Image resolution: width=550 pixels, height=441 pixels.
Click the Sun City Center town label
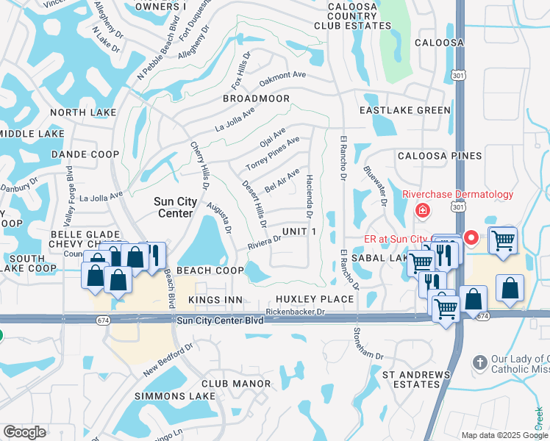pos(173,207)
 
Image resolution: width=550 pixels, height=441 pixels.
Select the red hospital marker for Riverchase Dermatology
pos(423,212)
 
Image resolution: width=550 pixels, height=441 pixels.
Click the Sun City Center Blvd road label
pos(220,320)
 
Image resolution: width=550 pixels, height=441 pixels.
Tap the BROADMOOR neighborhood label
pos(256,98)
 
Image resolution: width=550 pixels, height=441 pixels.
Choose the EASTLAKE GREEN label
pos(404,110)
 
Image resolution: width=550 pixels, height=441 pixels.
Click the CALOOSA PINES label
pos(440,156)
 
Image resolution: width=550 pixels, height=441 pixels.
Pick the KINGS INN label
pos(215,300)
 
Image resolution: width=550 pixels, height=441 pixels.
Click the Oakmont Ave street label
pos(282,74)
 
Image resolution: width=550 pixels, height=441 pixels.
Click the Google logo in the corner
pos(24,432)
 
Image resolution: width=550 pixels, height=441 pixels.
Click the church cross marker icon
pos(479,363)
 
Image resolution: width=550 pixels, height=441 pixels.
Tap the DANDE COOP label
pos(85,154)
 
